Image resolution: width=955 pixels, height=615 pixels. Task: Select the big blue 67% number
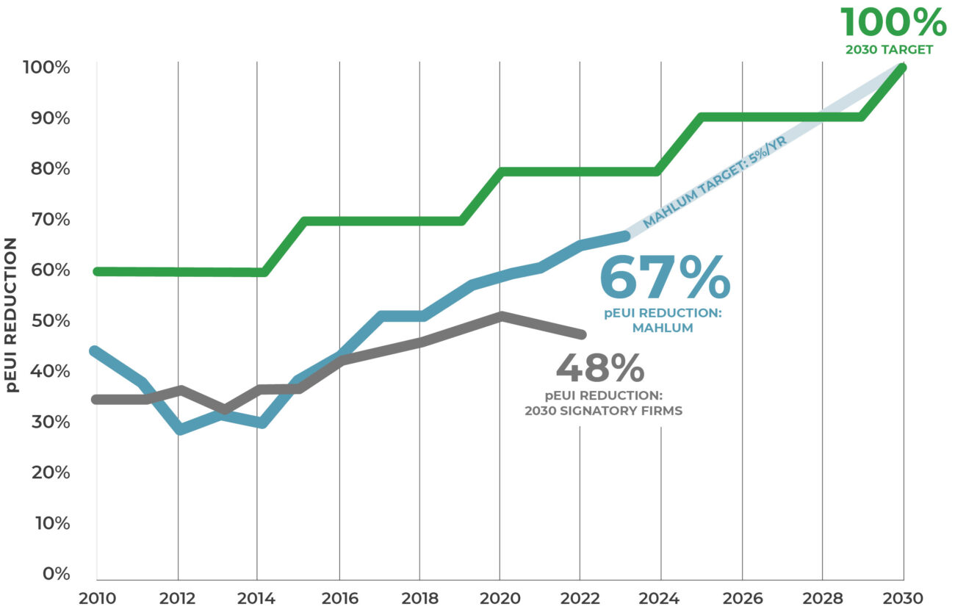click(665, 277)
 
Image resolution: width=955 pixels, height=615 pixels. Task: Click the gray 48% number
click(599, 368)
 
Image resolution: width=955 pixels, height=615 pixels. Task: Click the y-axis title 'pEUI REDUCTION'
click(12, 314)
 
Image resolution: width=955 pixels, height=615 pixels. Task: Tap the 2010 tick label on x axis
click(96, 598)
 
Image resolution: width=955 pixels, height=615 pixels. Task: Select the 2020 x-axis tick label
click(500, 598)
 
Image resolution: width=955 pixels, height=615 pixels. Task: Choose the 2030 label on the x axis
click(904, 598)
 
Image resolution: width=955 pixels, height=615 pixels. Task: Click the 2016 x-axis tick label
click(339, 598)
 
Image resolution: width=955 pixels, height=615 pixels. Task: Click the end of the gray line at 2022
click(581, 334)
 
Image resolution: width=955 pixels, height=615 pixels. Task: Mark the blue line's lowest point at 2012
click(179, 429)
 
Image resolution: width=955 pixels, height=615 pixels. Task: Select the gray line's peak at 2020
click(500, 317)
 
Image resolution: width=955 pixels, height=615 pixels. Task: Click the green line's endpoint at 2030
click(903, 68)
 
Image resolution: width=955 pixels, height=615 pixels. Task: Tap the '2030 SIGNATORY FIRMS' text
click(603, 411)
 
